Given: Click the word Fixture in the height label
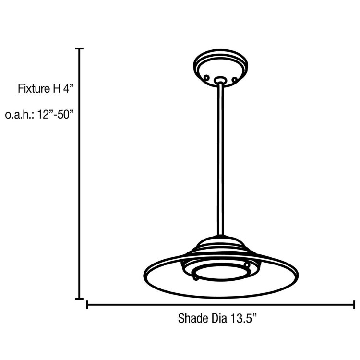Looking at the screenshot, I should (34, 89).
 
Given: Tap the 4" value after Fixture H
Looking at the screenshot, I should (68, 89).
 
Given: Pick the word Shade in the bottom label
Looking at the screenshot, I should (191, 318).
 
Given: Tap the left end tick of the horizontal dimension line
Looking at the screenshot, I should (87, 304).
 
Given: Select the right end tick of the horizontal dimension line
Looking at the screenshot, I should (354, 304).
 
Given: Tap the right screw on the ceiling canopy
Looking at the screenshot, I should (234, 79).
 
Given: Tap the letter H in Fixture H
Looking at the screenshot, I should (56, 89).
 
